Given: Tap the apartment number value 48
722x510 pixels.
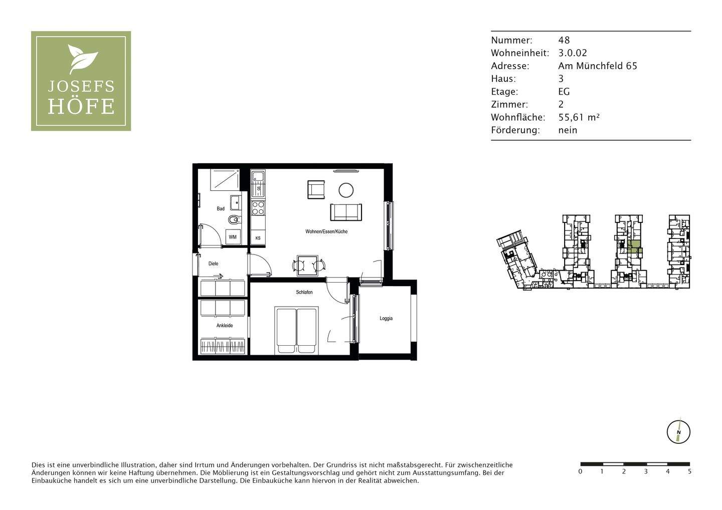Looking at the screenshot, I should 564,40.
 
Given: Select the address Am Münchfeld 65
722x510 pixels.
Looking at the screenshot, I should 598,66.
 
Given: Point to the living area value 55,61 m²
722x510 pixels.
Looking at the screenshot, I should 579,117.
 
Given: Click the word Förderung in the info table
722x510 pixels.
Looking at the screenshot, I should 515,130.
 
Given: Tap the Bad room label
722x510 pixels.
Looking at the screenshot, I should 221,208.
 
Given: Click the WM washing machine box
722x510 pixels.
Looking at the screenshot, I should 233,237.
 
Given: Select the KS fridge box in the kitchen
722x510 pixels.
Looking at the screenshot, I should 258,238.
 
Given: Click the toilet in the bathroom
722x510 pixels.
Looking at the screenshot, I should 234,219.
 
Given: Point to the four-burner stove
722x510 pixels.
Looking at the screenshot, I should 258,208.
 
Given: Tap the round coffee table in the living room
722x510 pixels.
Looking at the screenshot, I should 346,190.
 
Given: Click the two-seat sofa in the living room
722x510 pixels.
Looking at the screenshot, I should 346,212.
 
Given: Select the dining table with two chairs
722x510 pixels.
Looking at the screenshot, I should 307,266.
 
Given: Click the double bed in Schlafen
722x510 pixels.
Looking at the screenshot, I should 296,331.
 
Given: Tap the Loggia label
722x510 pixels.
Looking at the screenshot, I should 386,318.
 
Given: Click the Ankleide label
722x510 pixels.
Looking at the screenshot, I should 225,326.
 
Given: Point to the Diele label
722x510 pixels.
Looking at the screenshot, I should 214,264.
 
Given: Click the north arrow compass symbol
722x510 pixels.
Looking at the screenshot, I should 678,432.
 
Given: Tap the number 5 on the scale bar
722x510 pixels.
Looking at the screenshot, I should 689,471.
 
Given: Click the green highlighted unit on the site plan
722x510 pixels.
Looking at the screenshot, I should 634,247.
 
